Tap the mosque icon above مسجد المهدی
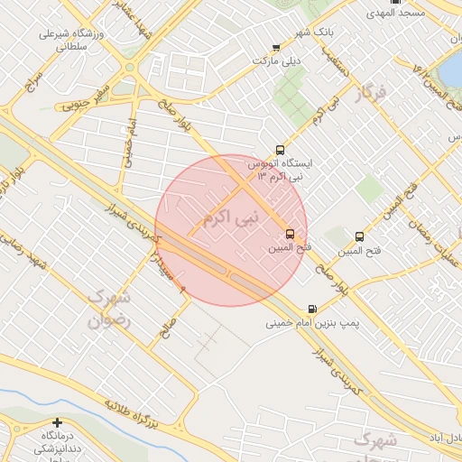(394, 2)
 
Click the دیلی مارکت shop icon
(276, 48)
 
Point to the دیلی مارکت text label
(276, 60)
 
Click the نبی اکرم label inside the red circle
(231, 217)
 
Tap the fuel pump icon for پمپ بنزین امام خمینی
(313, 308)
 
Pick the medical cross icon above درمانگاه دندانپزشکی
(58, 422)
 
